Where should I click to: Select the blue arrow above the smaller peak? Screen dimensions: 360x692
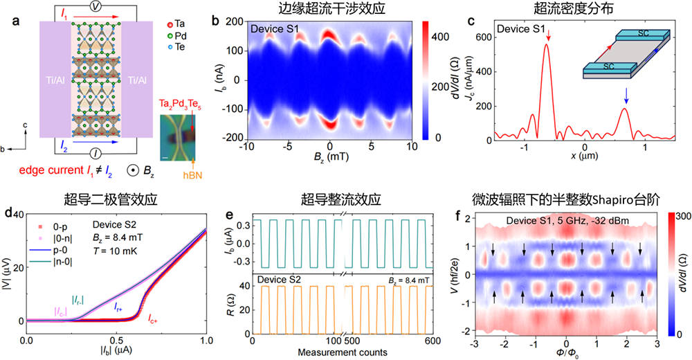point(626,94)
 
